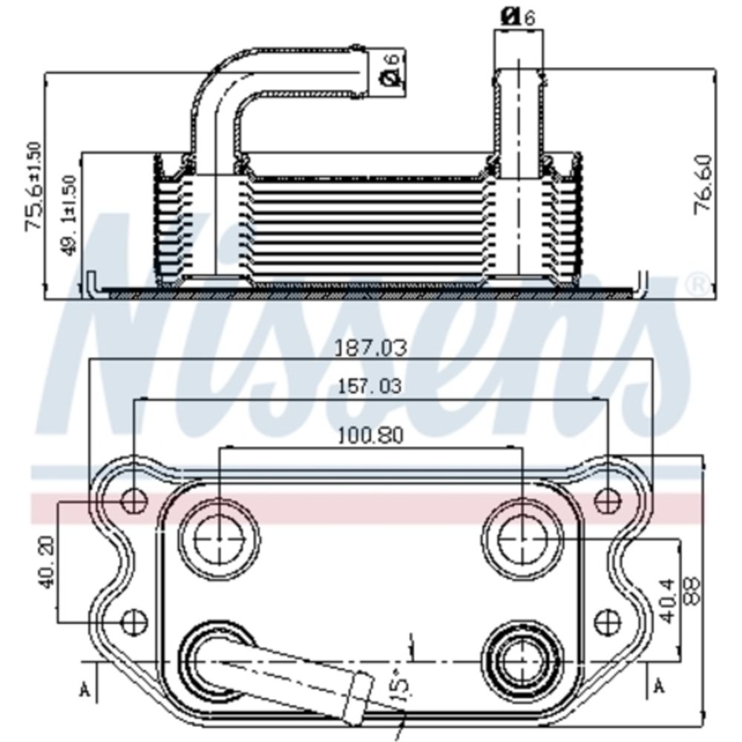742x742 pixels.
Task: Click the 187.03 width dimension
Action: point(371,348)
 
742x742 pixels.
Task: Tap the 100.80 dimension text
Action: point(371,435)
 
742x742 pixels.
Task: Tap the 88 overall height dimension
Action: point(691,590)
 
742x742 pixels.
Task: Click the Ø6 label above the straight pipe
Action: point(518,17)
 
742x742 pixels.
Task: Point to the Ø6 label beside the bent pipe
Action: point(390,70)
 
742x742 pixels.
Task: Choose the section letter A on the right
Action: point(658,689)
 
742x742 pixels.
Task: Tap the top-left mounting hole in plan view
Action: point(134,501)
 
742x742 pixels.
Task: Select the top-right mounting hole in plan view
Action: point(608,501)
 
